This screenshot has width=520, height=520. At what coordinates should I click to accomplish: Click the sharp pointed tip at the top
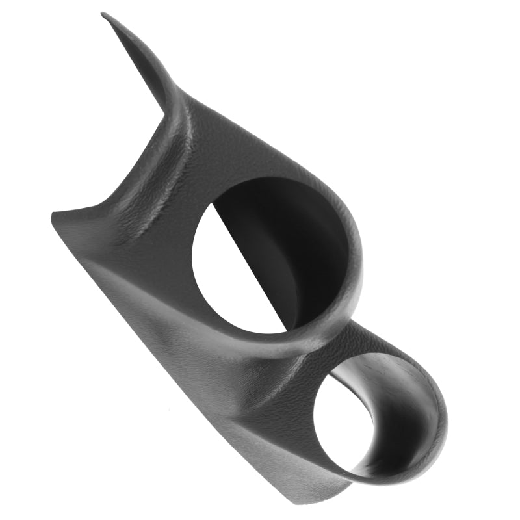[104, 14]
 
